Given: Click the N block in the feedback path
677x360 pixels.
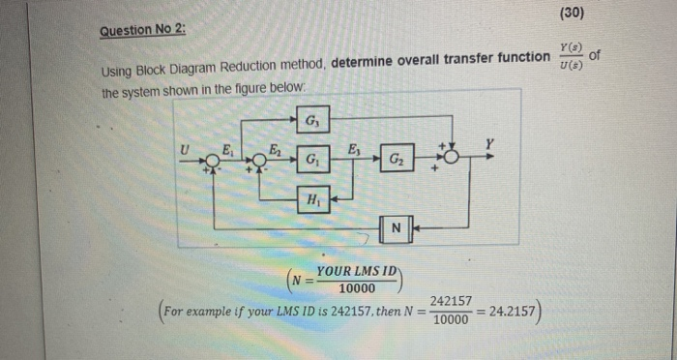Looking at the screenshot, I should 395,228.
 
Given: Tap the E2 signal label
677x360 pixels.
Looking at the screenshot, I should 275,148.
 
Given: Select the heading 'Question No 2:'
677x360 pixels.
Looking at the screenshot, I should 142,31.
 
